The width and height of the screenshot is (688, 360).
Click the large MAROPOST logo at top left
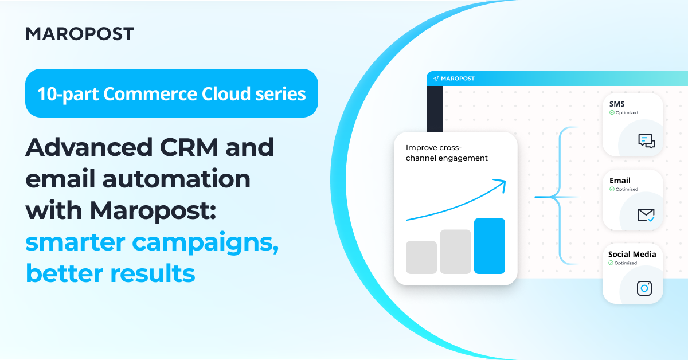pyautogui.click(x=80, y=34)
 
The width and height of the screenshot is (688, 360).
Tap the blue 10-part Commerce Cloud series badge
pyautogui.click(x=171, y=93)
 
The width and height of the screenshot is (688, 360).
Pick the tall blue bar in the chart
pyautogui.click(x=489, y=246)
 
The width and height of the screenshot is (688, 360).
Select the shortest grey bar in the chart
pyautogui.click(x=421, y=257)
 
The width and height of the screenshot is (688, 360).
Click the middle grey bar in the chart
pyautogui.click(x=455, y=252)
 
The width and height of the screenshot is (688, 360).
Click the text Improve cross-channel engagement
pyautogui.click(x=446, y=152)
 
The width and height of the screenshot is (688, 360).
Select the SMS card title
pyautogui.click(x=617, y=104)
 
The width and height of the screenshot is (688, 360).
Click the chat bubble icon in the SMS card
pyautogui.click(x=646, y=141)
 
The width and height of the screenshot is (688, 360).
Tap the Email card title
pyautogui.click(x=620, y=181)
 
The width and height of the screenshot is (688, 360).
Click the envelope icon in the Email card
pyautogui.click(x=646, y=215)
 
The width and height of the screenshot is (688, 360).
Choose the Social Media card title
pyautogui.click(x=632, y=254)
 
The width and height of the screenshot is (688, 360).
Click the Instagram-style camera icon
pyautogui.click(x=644, y=288)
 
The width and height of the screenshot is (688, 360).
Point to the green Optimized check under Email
pyautogui.click(x=612, y=189)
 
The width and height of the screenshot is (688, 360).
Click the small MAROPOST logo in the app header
pyautogui.click(x=454, y=79)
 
